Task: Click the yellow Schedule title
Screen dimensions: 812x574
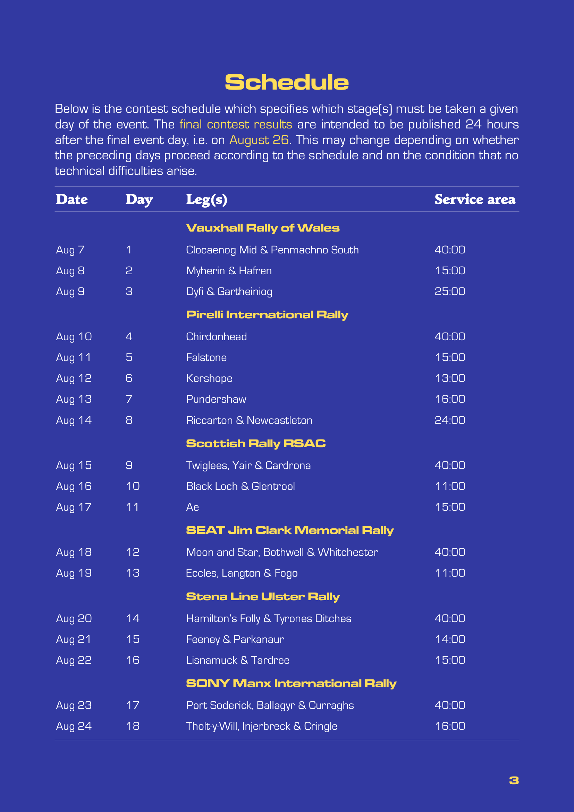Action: [x=287, y=82]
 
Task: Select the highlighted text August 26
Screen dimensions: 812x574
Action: [x=259, y=140]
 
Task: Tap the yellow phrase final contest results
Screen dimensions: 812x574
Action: [x=236, y=125]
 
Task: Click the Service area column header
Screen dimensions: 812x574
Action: [x=475, y=200]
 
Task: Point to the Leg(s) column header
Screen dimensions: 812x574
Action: [x=206, y=200]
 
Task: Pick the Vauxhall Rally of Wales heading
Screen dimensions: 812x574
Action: [x=263, y=228]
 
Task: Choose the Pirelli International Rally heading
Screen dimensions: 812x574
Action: [x=267, y=315]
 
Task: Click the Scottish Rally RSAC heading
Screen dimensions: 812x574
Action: [x=255, y=443]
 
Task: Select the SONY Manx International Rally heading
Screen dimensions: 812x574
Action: [x=291, y=683]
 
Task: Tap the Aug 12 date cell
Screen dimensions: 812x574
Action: [x=74, y=378]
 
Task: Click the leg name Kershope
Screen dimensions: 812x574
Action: [x=209, y=378]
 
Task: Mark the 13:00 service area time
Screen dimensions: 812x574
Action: [x=449, y=378]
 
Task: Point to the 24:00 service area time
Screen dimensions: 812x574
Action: [x=449, y=420]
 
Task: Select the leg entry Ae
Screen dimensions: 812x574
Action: [x=192, y=507]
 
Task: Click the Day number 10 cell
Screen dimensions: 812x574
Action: [x=133, y=486]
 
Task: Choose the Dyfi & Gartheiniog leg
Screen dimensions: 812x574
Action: [x=229, y=292]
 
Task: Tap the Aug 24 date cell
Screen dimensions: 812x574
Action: [x=74, y=726]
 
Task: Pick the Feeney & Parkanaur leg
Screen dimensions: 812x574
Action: [x=235, y=639]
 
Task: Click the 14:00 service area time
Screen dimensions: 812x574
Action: [x=449, y=639]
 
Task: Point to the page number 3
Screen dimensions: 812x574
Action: [x=514, y=780]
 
